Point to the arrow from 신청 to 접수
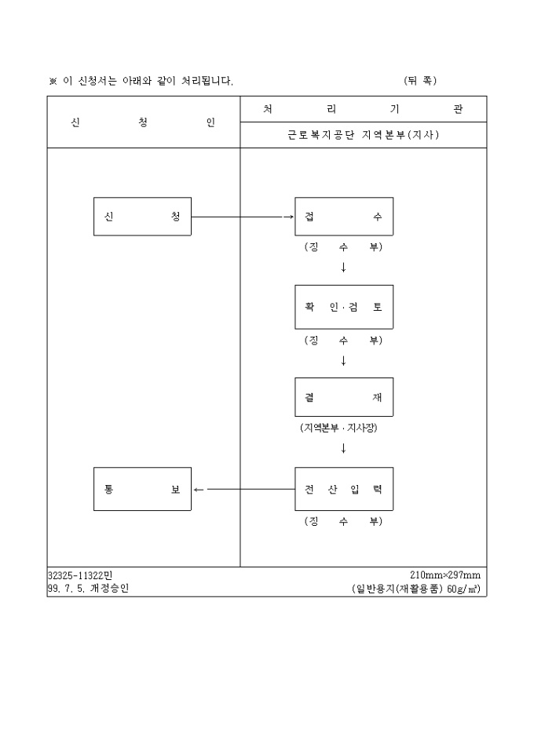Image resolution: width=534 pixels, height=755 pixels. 243,217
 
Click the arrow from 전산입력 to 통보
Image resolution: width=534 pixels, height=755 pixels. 244,490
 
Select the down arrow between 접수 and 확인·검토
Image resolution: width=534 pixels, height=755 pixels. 343,268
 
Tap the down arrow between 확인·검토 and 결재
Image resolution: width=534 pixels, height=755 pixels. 343,361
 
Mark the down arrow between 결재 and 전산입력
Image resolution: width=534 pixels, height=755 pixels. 343,448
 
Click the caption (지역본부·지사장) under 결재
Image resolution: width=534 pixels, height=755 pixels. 338,428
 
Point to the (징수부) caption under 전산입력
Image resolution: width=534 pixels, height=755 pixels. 343,521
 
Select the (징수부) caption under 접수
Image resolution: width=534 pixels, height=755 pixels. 343,247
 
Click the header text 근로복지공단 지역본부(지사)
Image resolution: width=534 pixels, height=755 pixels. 364,135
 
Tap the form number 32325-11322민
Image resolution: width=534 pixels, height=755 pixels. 80,575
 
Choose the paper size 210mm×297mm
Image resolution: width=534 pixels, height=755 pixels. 445,575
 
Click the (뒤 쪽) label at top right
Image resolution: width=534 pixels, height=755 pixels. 420,81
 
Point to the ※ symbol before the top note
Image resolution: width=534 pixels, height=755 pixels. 53,82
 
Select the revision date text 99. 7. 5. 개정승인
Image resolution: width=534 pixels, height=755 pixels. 88,588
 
